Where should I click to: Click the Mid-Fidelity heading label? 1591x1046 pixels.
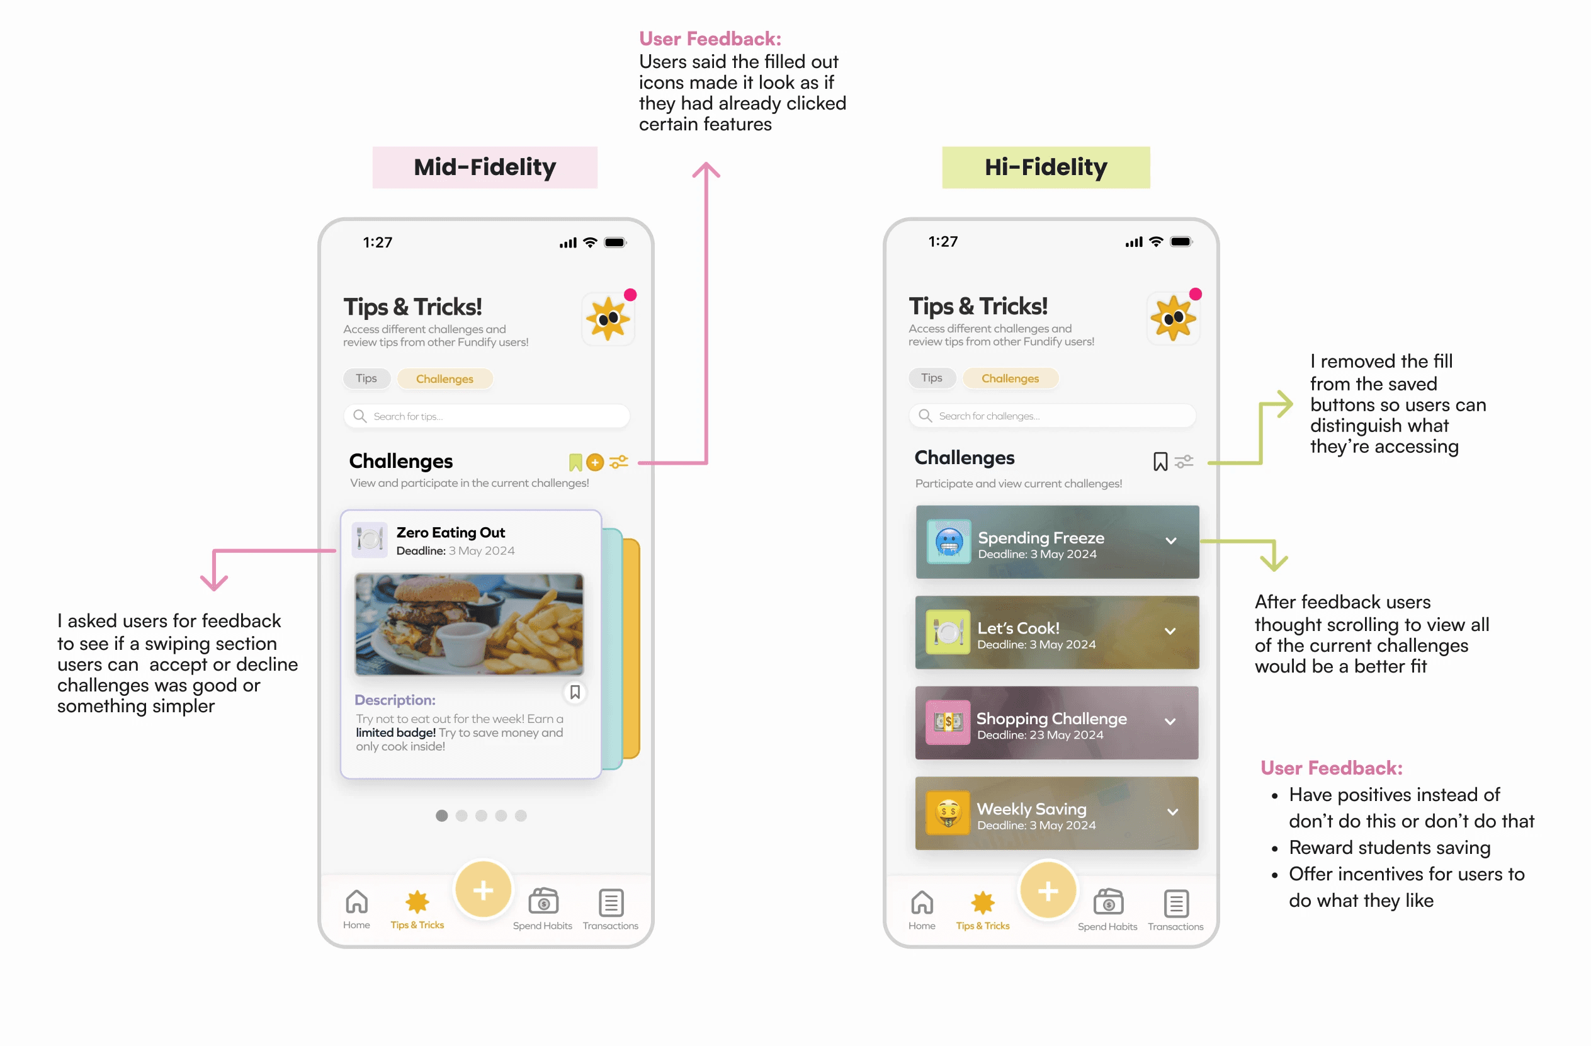click(x=485, y=168)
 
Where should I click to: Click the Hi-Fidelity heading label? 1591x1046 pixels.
click(x=1046, y=168)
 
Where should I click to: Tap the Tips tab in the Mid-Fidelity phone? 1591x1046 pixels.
click(x=366, y=378)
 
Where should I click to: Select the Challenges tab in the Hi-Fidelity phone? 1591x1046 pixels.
click(x=1010, y=378)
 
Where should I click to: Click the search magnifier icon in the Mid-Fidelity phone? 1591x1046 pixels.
click(x=360, y=416)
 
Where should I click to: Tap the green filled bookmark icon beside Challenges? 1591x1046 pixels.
click(x=575, y=462)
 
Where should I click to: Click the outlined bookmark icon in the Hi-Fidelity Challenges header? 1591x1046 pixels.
click(x=1160, y=462)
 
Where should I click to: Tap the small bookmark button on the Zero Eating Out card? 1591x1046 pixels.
click(x=575, y=692)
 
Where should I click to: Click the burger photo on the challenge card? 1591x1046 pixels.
click(x=468, y=624)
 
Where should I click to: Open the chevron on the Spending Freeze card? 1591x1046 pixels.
click(x=1171, y=541)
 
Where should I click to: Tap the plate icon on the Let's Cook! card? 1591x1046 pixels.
click(x=948, y=632)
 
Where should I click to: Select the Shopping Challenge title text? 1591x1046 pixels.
click(x=1051, y=719)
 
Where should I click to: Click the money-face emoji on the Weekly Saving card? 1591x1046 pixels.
click(x=948, y=812)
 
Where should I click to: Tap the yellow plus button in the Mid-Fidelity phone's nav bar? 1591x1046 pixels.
click(x=484, y=890)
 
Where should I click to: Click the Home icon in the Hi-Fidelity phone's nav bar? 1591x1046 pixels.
click(x=922, y=903)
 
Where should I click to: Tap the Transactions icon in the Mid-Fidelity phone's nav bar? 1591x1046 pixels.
click(x=611, y=903)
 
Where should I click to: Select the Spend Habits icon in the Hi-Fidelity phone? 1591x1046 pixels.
click(x=1107, y=902)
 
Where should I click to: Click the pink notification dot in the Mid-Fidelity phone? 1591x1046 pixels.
click(x=630, y=295)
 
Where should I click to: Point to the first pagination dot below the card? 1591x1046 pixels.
click(x=442, y=816)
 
